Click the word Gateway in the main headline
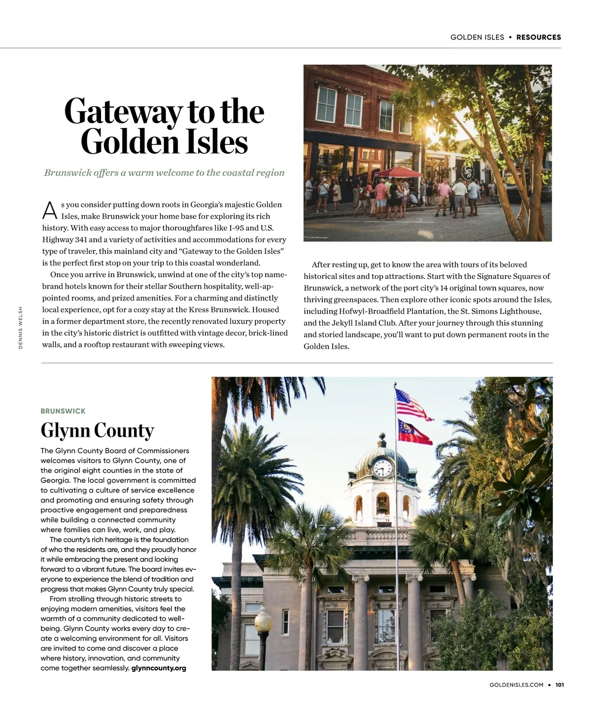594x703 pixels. pyautogui.click(x=123, y=112)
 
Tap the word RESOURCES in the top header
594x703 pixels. pyautogui.click(x=539, y=37)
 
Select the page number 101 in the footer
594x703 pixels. pyautogui.click(x=560, y=685)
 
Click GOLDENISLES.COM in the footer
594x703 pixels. pyautogui.click(x=516, y=685)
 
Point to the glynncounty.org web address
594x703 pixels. pyautogui.click(x=159, y=668)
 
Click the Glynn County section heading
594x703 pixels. pyautogui.click(x=97, y=430)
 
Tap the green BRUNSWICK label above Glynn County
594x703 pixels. pyautogui.click(x=63, y=411)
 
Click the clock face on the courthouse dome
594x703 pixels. pyautogui.click(x=382, y=467)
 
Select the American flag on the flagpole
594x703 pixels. pyautogui.click(x=412, y=404)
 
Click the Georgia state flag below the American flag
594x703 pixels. pyautogui.click(x=415, y=431)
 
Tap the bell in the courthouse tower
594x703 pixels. pyautogui.click(x=382, y=505)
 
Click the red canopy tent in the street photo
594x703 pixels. pyautogui.click(x=399, y=172)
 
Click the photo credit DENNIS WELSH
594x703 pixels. pyautogui.click(x=20, y=328)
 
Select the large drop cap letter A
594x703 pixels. pyautogui.click(x=49, y=210)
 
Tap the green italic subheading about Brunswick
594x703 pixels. pyautogui.click(x=164, y=173)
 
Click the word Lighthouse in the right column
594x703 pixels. pyautogui.click(x=520, y=311)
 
